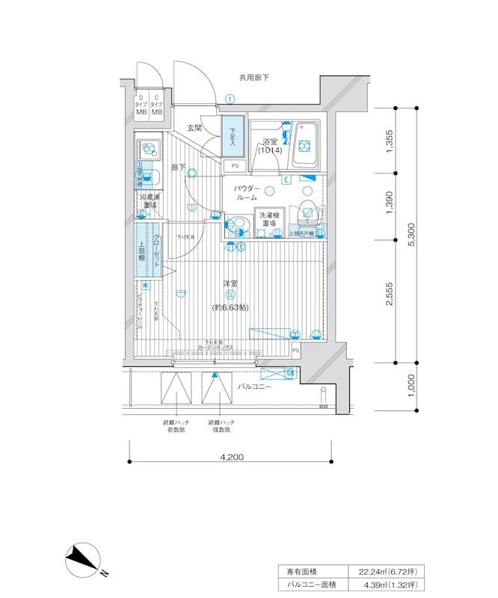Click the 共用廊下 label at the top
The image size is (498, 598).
coord(253,77)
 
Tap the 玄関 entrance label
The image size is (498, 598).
coord(194,128)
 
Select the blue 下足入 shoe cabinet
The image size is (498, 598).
coord(233,137)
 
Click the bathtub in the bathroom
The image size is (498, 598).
coord(304,144)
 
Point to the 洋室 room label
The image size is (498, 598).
coord(230,284)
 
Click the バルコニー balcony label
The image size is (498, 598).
coord(254,387)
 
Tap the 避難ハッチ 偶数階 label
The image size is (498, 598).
coord(219,427)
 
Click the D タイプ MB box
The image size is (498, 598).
coord(141,105)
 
